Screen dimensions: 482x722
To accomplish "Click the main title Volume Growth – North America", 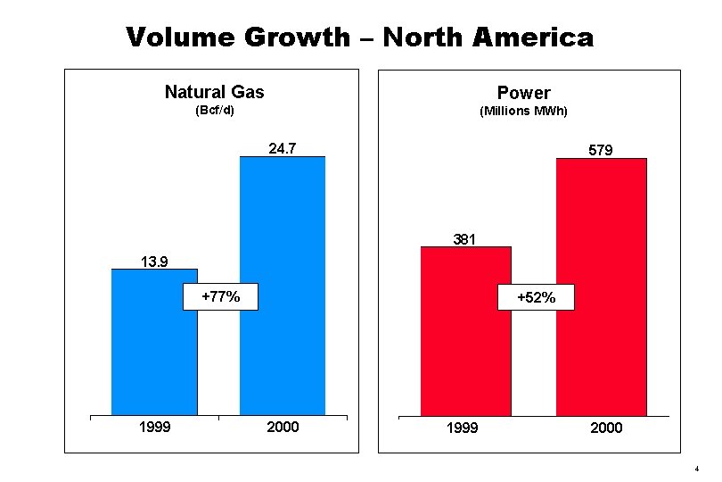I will coord(359,37).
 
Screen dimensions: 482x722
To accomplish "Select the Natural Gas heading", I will coord(214,92).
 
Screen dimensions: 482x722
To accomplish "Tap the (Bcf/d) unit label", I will coord(214,112).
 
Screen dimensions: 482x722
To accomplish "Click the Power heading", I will coord(523,93).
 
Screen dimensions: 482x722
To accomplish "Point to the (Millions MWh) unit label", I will coord(523,112).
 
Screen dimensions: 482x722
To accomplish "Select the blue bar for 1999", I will coord(154,357).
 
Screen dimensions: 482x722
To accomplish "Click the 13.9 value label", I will coord(154,261).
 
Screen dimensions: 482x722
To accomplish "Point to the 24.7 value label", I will coord(283,149).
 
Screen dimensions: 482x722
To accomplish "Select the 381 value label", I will coord(464,238).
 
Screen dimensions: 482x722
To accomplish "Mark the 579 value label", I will coord(600,151).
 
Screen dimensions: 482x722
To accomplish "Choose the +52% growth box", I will coord(537,298).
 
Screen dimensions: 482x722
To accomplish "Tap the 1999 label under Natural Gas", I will coord(154,428).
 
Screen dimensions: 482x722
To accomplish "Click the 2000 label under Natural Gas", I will coord(283,428).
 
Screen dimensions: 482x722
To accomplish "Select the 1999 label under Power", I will coord(462,428).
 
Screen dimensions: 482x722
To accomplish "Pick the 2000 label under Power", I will coord(606,428).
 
